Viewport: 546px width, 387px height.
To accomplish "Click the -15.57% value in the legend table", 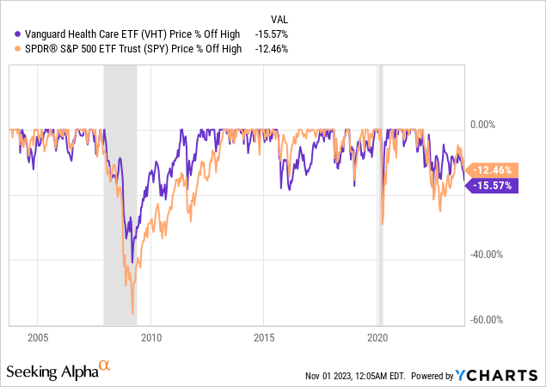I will [271, 33].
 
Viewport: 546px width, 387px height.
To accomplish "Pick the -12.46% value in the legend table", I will [271, 48].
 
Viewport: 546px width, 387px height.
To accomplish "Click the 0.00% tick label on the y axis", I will [486, 124].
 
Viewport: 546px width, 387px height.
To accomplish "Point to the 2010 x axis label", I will [151, 336].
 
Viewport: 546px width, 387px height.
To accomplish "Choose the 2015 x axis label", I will [264, 336].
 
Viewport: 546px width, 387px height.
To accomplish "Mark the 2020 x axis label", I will [377, 336].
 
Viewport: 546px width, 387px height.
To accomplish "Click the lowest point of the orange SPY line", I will [132, 313].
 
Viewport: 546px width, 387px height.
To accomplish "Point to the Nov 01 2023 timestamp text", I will [355, 377].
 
